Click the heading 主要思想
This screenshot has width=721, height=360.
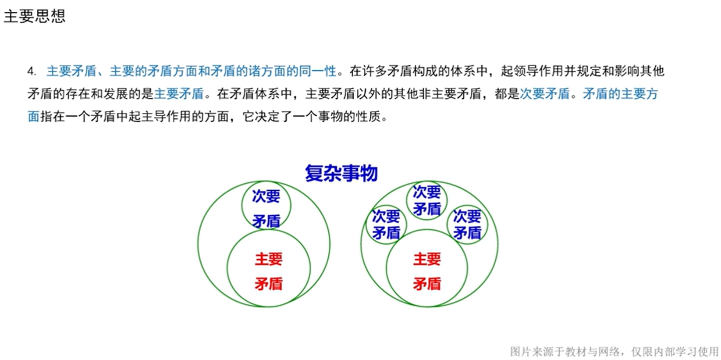pos(35,16)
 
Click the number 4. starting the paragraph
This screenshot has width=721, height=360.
pos(32,71)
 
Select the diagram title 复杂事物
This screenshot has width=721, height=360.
pos(341,173)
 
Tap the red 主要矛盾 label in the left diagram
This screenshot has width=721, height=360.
pos(268,271)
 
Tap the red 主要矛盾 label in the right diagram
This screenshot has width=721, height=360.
pos(427,271)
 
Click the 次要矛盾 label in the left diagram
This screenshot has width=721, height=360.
pos(266,208)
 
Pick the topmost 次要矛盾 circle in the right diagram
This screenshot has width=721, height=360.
pos(427,200)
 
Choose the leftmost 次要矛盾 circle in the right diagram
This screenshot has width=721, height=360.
pos(386,225)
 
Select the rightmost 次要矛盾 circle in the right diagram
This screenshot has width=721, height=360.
pos(467,225)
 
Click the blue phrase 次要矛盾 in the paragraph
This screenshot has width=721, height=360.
pos(545,94)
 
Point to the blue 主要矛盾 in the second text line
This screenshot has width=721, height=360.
pos(179,94)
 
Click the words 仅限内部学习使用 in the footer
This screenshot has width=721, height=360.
pos(675,351)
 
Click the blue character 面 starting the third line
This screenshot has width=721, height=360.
pos(33,117)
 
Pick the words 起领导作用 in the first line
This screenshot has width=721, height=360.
pos(532,71)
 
